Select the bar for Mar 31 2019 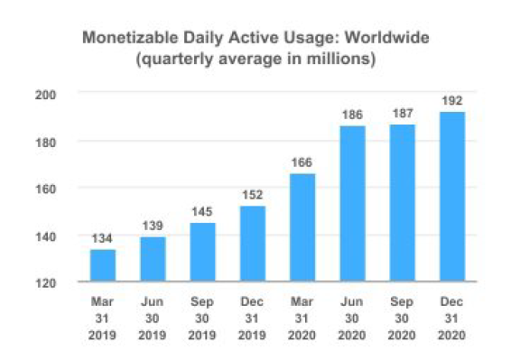(103, 265)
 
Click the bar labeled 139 (153, 259)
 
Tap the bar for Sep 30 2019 (203, 252)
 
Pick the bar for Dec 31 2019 (253, 244)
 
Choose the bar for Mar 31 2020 (302, 227)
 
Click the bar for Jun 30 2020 (353, 203)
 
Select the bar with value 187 (403, 203)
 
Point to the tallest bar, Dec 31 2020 (452, 197)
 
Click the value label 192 (452, 101)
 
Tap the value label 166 (302, 162)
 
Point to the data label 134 (102, 238)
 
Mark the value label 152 (253, 195)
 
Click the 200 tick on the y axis (46, 95)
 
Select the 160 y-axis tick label (46, 189)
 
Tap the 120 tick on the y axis (46, 283)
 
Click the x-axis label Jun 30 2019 (153, 318)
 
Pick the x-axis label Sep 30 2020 (402, 318)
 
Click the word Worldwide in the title (386, 38)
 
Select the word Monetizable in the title (130, 38)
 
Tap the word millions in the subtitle (339, 59)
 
